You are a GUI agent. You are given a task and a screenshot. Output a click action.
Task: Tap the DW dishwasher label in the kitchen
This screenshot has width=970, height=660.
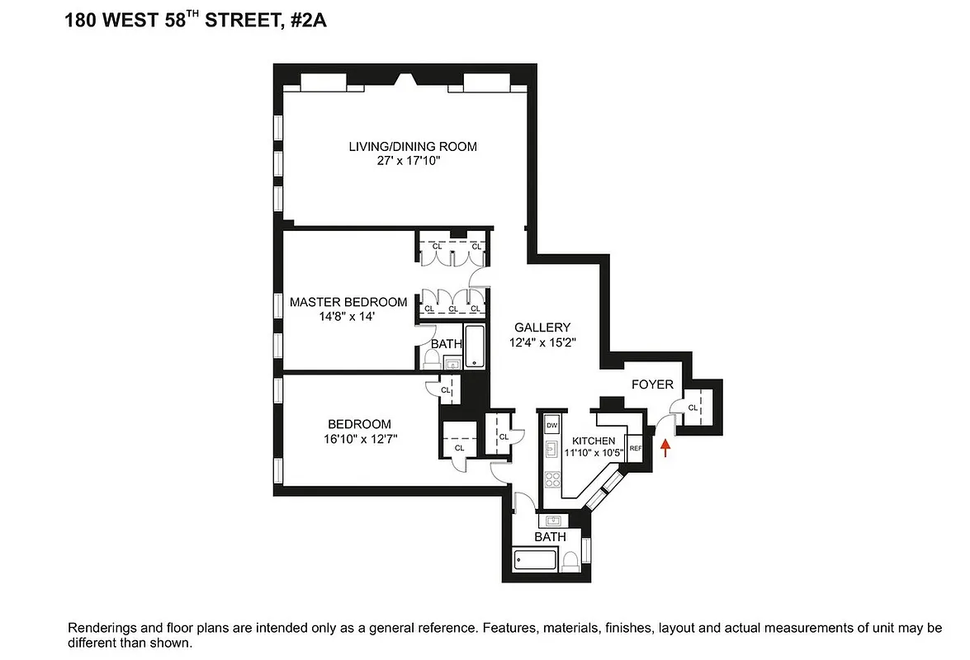pos(551,425)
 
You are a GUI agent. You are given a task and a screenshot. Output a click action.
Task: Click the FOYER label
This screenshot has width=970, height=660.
pos(652,384)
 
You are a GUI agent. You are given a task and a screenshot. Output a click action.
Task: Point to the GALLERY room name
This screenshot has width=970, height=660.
pos(542,328)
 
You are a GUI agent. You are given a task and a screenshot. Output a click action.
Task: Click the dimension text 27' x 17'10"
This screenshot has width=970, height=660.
pos(412,162)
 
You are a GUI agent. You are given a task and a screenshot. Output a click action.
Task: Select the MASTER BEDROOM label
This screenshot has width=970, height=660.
pos(348,302)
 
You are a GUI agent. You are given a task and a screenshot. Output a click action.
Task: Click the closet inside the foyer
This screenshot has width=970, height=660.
pos(692,408)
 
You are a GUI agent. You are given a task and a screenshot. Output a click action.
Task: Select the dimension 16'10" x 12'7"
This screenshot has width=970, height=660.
pos(362,439)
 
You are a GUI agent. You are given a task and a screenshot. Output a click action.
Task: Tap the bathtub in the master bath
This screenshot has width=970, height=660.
pos(475,347)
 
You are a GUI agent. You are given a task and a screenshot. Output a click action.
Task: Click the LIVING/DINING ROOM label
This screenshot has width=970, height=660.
pos(412,147)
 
